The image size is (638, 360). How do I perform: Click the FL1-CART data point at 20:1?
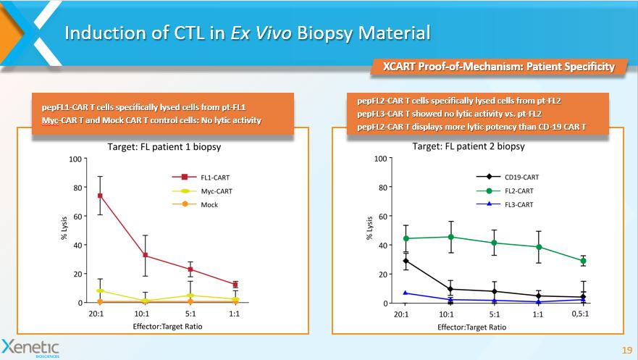tap(99, 196)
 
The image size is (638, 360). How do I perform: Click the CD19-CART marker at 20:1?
tap(406, 261)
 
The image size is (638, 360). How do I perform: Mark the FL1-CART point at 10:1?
tap(145, 255)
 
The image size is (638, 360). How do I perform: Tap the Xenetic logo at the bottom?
tap(31, 346)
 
